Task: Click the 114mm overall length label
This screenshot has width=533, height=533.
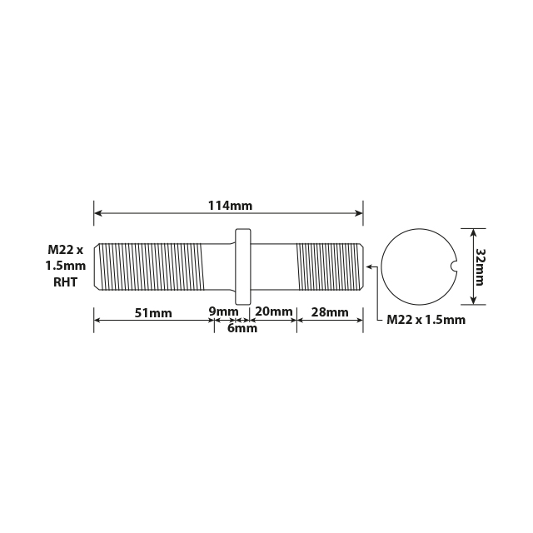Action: click(x=230, y=206)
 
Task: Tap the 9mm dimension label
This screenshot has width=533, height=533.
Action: click(x=222, y=311)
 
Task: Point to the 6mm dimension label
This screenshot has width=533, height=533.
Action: click(x=242, y=328)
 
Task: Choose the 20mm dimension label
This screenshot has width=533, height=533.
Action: click(x=274, y=311)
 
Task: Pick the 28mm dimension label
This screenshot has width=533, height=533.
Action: click(x=329, y=312)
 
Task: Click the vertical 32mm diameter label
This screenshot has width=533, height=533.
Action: click(x=481, y=266)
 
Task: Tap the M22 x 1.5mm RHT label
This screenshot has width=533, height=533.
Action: click(x=66, y=266)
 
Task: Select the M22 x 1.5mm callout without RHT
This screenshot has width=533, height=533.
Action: click(x=426, y=320)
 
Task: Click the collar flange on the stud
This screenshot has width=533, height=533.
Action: click(x=243, y=266)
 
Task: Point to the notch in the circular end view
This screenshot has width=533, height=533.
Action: click(x=453, y=266)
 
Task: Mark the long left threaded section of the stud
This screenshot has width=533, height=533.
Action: click(x=150, y=266)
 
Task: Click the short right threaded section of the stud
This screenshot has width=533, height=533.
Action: click(x=329, y=266)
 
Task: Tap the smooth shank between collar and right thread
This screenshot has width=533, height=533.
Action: click(x=274, y=266)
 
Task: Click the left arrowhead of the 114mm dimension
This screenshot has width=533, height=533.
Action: click(x=97, y=213)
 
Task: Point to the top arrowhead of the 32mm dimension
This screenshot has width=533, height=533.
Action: click(x=473, y=232)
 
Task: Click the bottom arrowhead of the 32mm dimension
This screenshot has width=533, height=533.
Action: click(x=473, y=302)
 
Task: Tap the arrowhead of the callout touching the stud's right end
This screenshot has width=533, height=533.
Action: click(x=367, y=266)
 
